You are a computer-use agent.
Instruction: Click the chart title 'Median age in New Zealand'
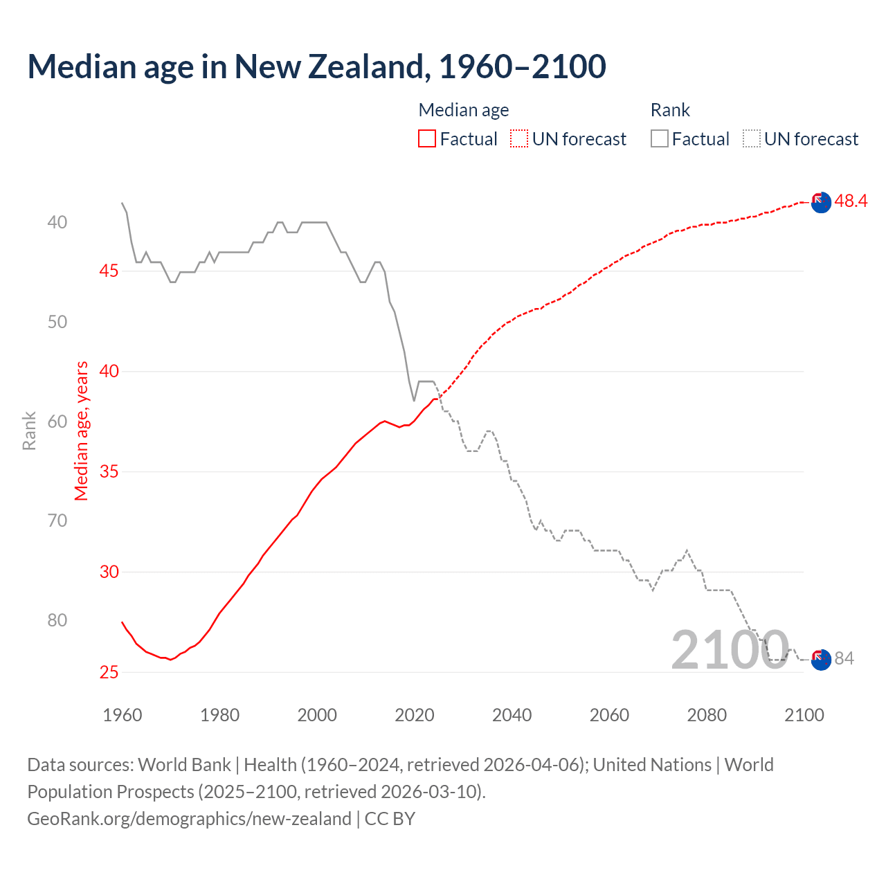click(x=316, y=66)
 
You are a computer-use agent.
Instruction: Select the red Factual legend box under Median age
click(x=427, y=139)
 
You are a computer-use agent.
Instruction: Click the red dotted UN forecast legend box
click(x=519, y=139)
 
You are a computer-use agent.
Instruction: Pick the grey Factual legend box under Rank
click(x=660, y=139)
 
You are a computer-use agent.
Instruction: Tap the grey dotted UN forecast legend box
click(x=751, y=139)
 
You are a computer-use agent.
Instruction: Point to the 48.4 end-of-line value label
click(x=851, y=201)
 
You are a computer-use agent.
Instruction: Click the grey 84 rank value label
click(x=844, y=658)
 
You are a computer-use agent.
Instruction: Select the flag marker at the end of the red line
click(x=821, y=203)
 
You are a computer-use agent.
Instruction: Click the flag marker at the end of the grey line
click(x=821, y=660)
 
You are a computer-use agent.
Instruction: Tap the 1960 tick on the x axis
click(x=123, y=715)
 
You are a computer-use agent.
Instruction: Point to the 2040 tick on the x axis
click(x=512, y=715)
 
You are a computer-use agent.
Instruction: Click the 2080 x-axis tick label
click(x=707, y=715)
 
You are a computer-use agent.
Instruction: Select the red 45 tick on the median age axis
click(x=109, y=271)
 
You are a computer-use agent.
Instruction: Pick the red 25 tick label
click(x=109, y=672)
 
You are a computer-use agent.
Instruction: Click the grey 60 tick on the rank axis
click(x=57, y=422)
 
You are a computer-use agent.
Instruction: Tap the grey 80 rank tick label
click(x=57, y=620)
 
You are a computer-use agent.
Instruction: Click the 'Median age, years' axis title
click(x=82, y=431)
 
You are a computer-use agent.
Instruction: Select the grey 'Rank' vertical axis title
click(x=29, y=431)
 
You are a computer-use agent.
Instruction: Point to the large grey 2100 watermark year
click(x=730, y=650)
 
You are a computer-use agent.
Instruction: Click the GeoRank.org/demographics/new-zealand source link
click(x=189, y=819)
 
